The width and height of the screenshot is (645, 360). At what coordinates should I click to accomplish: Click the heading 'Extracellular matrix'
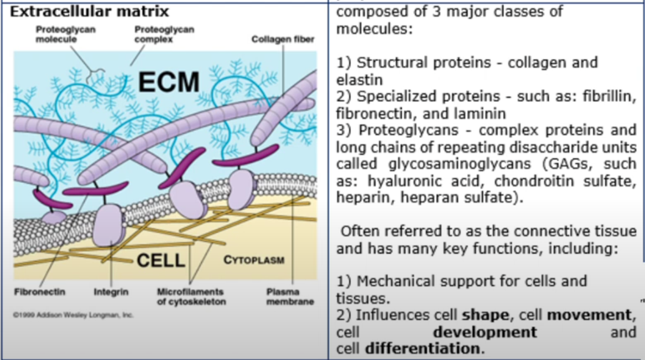[90, 11]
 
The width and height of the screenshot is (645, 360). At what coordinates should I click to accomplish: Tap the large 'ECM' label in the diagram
[169, 82]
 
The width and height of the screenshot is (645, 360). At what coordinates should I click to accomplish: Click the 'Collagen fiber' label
[283, 40]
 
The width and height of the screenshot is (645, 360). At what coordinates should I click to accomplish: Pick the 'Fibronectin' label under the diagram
[39, 291]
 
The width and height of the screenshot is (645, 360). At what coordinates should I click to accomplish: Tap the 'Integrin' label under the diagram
[111, 291]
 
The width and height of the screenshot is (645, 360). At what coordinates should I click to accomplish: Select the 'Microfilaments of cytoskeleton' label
[191, 296]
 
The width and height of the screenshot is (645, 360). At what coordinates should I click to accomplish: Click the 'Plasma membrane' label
[290, 296]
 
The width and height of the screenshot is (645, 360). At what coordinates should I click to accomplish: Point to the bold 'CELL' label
[160, 260]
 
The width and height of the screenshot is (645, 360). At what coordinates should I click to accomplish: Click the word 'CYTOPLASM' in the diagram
[254, 260]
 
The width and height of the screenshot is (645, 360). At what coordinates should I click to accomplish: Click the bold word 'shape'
[485, 315]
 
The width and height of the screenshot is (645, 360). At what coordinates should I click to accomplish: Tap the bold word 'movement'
[589, 315]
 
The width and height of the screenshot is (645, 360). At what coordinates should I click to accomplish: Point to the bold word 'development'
[485, 332]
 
